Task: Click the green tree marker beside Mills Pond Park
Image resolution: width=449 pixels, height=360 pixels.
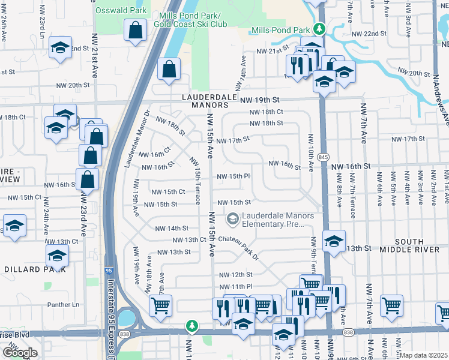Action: pos(320,28)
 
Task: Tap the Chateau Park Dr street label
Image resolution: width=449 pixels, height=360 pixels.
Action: pos(238,247)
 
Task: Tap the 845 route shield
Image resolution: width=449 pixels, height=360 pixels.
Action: pos(324,157)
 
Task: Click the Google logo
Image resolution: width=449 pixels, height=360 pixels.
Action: pos(20,353)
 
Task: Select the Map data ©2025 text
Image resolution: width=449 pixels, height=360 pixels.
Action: pos(424,355)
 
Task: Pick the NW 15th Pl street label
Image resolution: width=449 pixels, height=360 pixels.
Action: pos(233,176)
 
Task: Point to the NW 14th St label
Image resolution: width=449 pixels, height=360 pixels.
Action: pos(172,229)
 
